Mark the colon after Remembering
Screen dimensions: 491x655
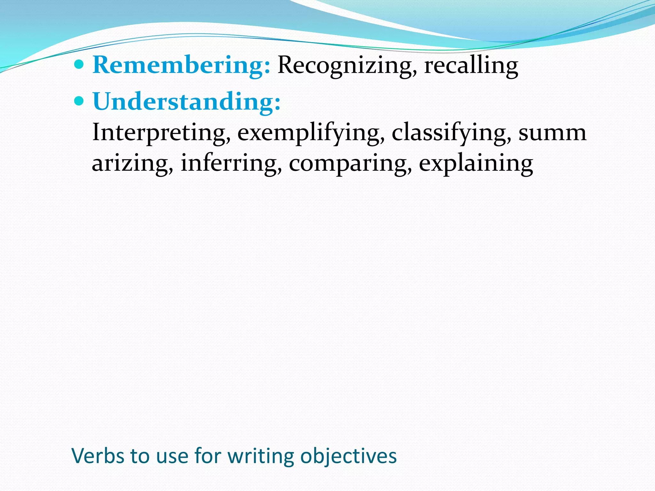(267, 66)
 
